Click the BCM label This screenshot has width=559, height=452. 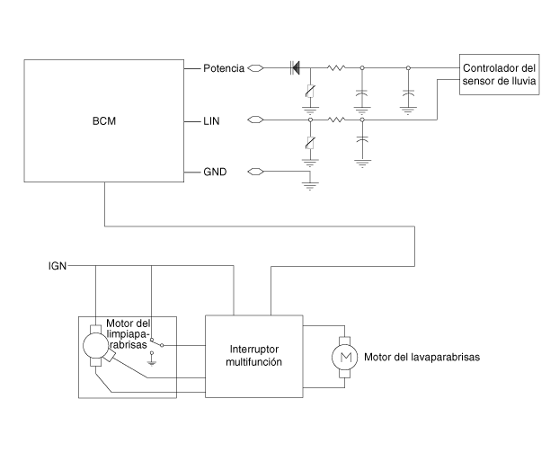(104, 121)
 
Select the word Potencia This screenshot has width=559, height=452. (224, 68)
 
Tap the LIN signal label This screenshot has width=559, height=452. (211, 121)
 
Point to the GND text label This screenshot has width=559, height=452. (215, 172)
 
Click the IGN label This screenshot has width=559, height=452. (58, 266)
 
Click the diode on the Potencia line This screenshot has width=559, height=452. (295, 67)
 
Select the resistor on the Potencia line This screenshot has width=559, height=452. (336, 67)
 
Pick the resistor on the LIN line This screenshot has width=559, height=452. (336, 120)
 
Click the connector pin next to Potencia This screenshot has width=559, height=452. (255, 67)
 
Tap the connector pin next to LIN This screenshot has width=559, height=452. (255, 120)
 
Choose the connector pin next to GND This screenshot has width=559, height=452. (255, 172)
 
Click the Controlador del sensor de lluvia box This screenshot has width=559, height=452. (499, 75)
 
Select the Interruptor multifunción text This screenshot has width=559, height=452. (253, 356)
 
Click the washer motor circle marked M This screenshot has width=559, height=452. (345, 357)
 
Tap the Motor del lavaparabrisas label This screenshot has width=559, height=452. (421, 357)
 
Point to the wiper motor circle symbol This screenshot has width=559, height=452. (95, 345)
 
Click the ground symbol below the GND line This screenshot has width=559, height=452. (310, 186)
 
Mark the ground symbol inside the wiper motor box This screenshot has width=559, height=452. (152, 363)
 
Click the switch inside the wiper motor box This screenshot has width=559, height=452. (156, 342)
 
